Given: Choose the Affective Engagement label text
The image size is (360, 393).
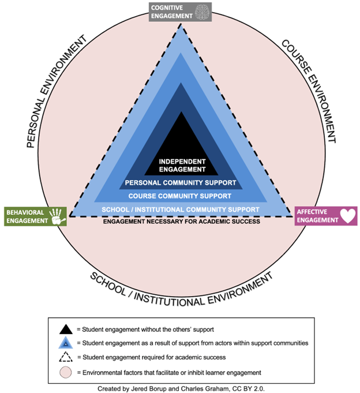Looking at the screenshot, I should click(316, 216).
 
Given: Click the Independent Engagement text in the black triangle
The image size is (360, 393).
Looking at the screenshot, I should click(182, 165).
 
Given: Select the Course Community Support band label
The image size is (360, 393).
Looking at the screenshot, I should click(180, 196).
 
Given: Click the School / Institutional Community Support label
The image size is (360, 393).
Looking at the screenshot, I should click(179, 209).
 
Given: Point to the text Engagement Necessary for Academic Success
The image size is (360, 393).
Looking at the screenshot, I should click(181, 221).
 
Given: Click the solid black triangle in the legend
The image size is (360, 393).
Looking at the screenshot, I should click(66, 329).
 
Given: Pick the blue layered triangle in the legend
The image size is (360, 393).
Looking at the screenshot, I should click(66, 343).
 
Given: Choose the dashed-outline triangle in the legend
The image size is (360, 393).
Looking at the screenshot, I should click(66, 358).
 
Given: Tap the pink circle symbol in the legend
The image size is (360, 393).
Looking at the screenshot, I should click(66, 372).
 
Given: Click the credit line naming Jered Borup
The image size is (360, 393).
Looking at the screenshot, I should click(180, 387).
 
